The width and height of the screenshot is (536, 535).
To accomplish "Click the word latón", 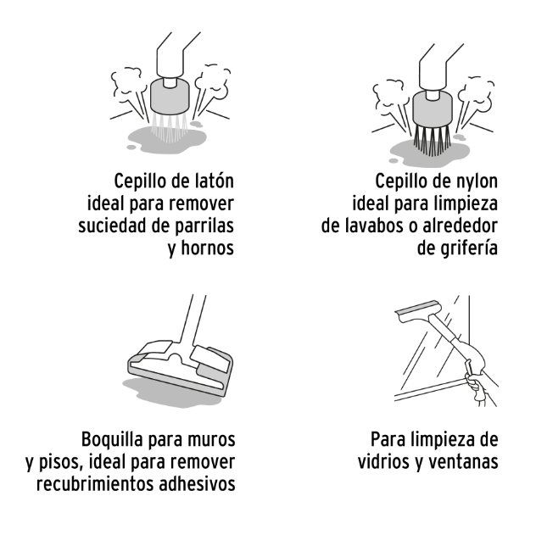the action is tap(215, 181).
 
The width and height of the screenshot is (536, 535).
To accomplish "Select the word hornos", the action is tap(208, 248).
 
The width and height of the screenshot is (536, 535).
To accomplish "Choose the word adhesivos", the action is tap(197, 484).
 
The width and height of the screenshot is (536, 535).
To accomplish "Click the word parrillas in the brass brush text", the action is tap(204, 226).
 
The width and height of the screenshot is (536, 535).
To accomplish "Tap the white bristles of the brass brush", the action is tap(170, 127).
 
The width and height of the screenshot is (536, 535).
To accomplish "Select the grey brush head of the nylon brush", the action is tap(433, 109).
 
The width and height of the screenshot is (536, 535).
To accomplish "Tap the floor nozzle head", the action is tap(181, 369).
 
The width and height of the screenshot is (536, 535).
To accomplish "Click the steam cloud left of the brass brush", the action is tap(126, 84).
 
